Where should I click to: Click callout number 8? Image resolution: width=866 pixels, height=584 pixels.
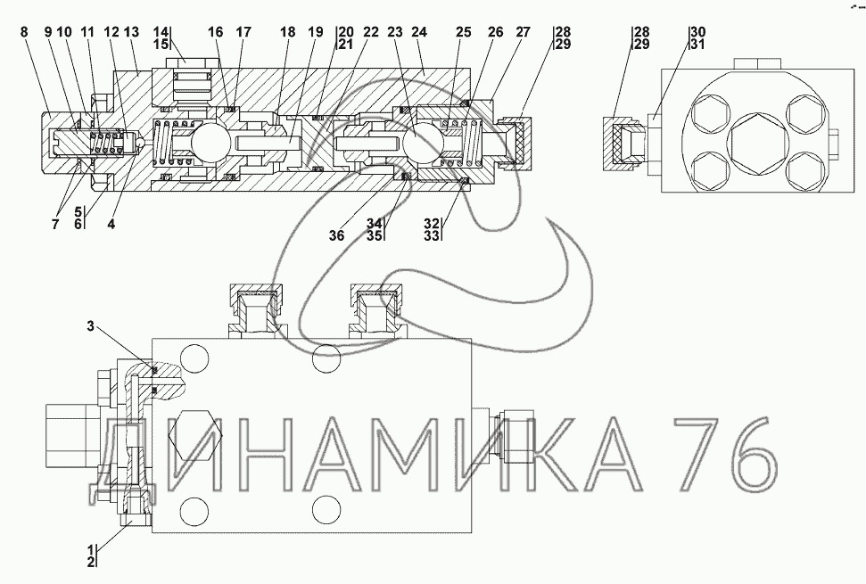[24, 32]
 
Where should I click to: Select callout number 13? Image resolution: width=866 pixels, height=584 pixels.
[131, 32]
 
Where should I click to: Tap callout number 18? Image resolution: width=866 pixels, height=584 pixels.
[288, 32]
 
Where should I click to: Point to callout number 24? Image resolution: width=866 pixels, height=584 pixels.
[419, 32]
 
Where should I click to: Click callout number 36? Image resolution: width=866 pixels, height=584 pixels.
[336, 235]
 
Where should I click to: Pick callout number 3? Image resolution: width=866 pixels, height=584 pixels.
[91, 326]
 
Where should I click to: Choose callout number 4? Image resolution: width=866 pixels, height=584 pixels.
[111, 225]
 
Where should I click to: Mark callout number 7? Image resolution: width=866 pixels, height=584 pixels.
[54, 225]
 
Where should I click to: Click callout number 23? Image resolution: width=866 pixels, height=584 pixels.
[395, 32]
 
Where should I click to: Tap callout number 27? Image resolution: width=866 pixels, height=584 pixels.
[523, 32]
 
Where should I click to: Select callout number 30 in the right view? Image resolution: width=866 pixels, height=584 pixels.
[697, 32]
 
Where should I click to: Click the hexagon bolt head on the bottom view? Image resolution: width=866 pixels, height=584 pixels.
[195, 434]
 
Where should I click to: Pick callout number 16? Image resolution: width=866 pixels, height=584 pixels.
[216, 32]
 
